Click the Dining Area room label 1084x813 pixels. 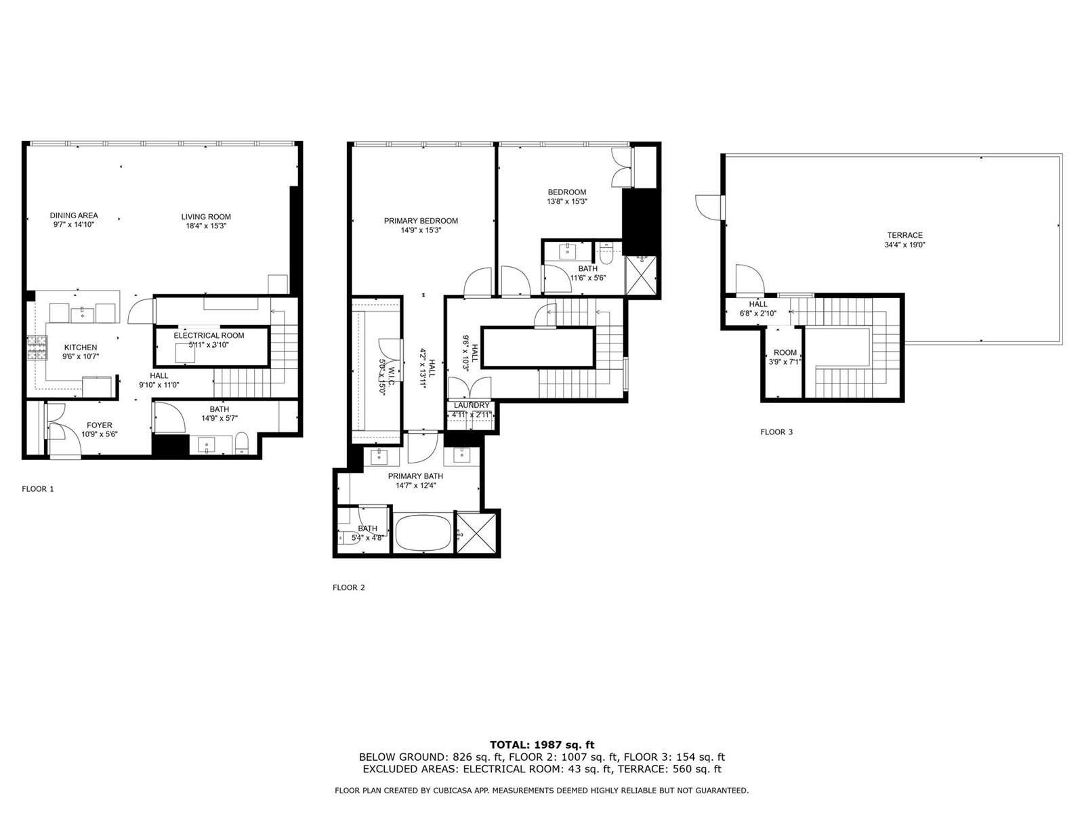pos(74,215)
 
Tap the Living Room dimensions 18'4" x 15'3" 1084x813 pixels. pos(205,226)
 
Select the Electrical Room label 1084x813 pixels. pos(209,335)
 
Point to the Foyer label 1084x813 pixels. pos(100,425)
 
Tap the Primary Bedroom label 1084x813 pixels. pos(421,221)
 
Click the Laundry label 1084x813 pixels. pos(472,405)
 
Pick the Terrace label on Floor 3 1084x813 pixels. pos(904,236)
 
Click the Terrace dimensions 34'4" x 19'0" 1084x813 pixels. pos(904,245)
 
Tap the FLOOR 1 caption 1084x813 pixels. pos(37,488)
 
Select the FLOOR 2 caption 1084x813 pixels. pos(349,587)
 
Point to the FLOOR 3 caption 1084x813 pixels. pos(776,432)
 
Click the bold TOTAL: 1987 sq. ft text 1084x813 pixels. pos(542,745)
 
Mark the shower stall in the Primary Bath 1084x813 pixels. pos(476,534)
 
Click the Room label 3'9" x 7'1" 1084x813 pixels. pos(785,357)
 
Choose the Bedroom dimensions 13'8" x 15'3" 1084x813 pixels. pos(567,201)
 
